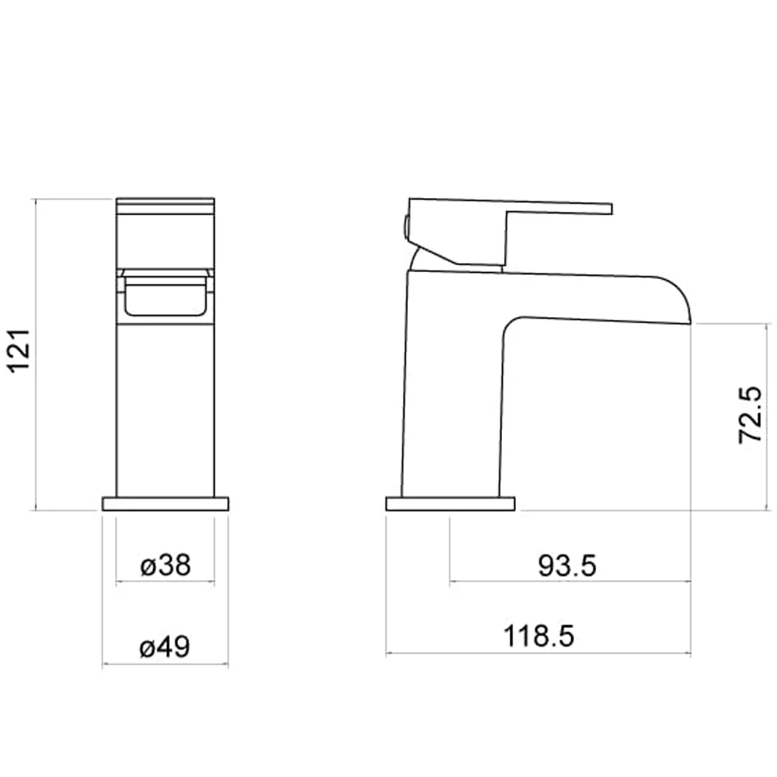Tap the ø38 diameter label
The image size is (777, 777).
(166, 565)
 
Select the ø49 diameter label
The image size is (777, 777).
(165, 646)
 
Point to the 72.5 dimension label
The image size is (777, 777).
(750, 414)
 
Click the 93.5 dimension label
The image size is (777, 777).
(567, 566)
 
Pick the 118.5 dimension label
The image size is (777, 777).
(538, 636)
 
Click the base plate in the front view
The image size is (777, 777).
(166, 503)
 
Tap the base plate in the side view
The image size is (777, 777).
(451, 503)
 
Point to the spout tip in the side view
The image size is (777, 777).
(688, 322)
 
